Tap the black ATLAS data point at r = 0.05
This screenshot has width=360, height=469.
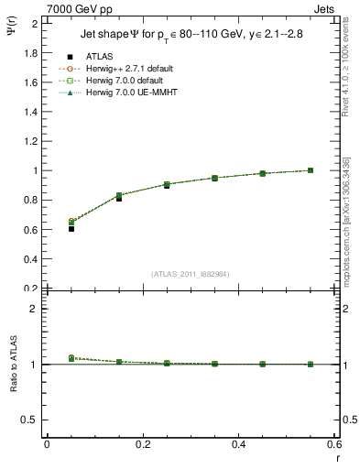click(x=71, y=228)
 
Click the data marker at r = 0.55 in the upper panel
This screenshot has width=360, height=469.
click(x=311, y=170)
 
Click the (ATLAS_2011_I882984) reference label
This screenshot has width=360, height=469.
click(x=191, y=273)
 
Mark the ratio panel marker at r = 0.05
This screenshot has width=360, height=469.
click(x=71, y=358)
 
